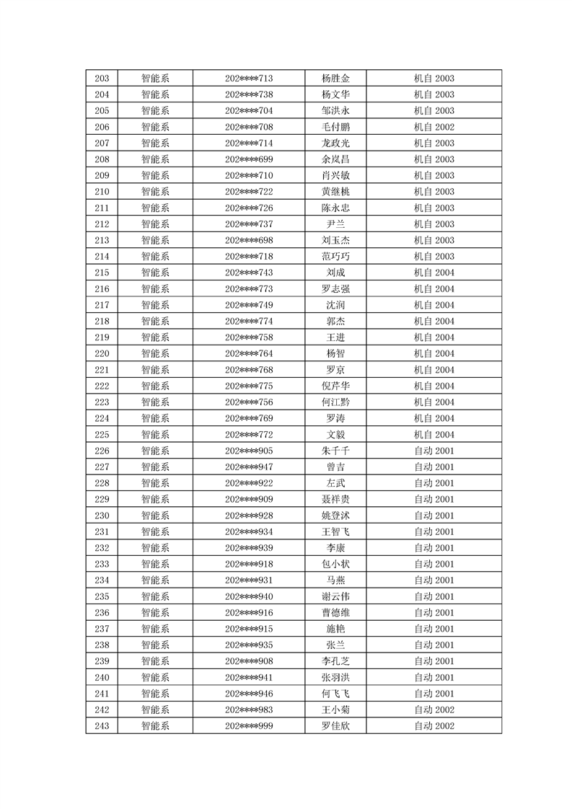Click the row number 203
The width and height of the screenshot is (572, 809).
click(x=102, y=79)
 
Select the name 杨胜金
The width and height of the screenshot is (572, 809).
click(x=335, y=79)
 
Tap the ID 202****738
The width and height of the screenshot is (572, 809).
click(x=249, y=94)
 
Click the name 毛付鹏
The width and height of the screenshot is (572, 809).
click(x=335, y=127)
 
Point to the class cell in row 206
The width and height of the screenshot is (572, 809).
click(x=434, y=127)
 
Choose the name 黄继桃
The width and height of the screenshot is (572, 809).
click(x=335, y=192)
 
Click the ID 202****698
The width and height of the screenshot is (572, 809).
click(x=249, y=240)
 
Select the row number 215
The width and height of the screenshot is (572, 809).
click(x=102, y=273)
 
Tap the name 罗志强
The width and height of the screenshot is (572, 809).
click(x=335, y=289)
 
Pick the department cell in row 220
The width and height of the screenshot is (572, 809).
click(x=155, y=353)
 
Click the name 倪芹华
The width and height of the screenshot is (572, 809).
click(x=335, y=386)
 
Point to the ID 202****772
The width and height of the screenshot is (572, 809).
click(x=249, y=435)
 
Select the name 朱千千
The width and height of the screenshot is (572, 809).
click(x=335, y=451)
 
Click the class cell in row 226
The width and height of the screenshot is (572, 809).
click(x=434, y=451)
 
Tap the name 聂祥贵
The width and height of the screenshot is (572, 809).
click(x=335, y=499)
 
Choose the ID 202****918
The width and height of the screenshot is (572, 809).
click(x=249, y=564)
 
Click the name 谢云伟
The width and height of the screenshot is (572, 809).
click(x=335, y=596)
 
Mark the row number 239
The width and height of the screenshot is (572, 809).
click(x=102, y=661)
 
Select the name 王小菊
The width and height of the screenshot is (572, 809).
click(x=335, y=709)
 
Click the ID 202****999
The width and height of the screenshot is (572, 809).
click(x=249, y=726)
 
